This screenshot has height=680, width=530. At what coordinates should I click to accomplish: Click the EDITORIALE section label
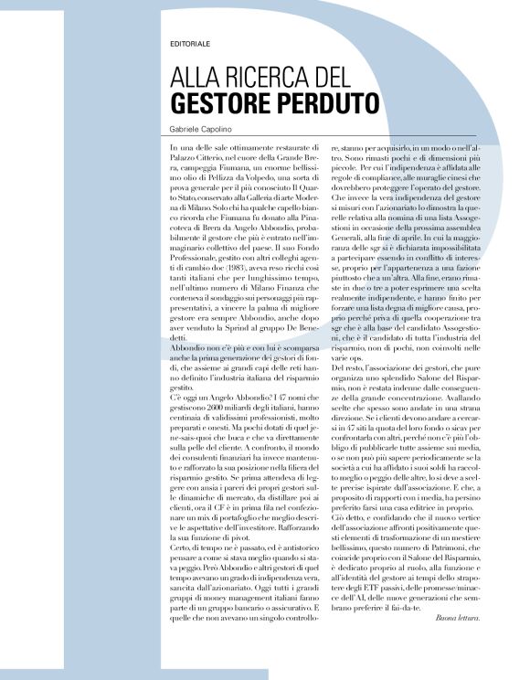click(x=189, y=44)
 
